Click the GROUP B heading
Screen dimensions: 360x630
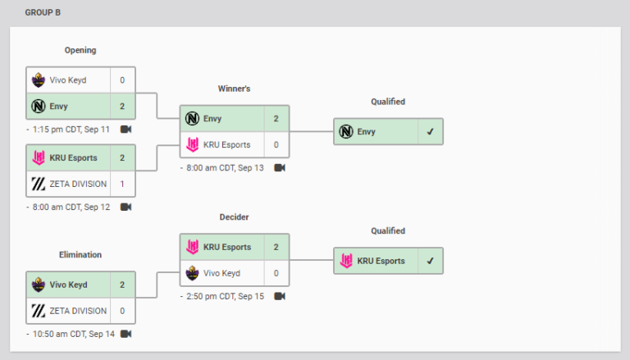(43, 13)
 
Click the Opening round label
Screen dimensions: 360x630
(80, 50)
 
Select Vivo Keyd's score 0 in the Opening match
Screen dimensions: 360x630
(122, 80)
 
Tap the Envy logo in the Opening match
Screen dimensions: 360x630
(38, 106)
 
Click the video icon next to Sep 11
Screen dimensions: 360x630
(126, 130)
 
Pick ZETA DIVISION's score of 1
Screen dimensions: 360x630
(122, 185)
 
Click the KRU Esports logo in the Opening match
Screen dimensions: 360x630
(38, 158)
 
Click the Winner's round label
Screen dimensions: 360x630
(234, 88)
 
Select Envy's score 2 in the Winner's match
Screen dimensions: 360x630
(276, 119)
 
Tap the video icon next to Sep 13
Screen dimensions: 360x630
(280, 167)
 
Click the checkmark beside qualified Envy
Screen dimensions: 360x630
(430, 131)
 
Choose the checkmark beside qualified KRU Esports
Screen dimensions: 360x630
(430, 261)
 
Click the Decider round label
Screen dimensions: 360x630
(234, 217)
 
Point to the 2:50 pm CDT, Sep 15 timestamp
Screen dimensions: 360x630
(226, 296)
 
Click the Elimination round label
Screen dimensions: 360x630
(80, 255)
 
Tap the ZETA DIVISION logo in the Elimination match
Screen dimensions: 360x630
(38, 311)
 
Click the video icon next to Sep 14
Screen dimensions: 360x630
(126, 334)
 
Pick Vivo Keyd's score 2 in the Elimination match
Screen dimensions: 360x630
(122, 285)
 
